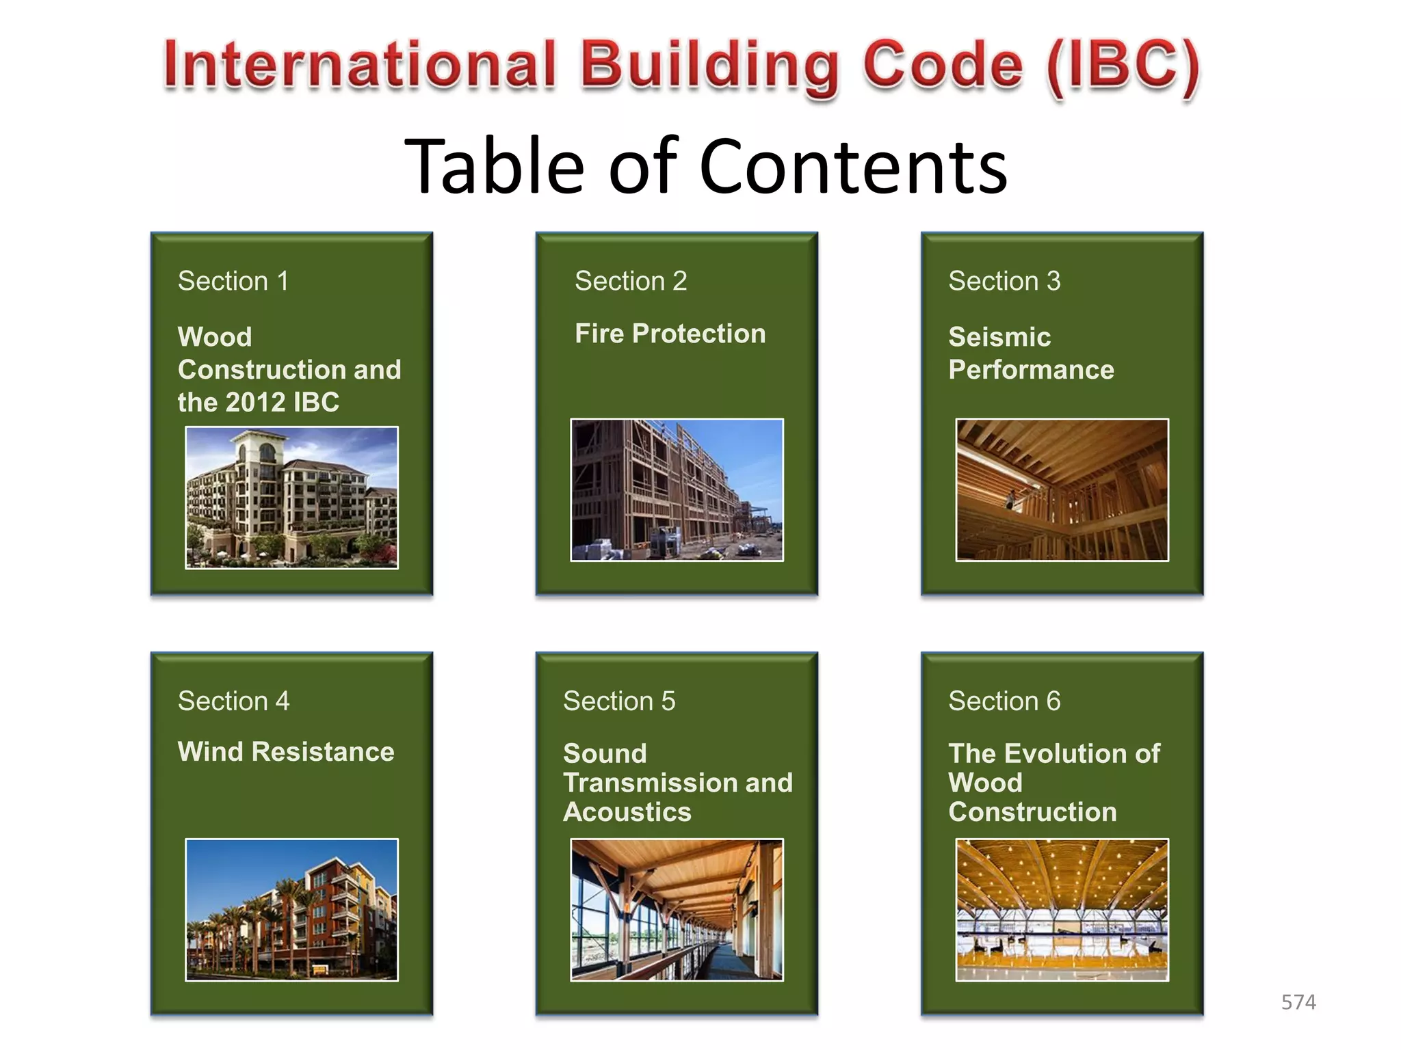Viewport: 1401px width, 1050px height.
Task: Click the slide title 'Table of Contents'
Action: pos(705,166)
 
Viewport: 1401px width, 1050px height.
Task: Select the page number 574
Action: pos(1298,1002)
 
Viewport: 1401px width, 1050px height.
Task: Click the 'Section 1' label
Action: pos(233,281)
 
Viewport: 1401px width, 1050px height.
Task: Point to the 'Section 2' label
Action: pos(630,281)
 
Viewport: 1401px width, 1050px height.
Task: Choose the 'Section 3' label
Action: pos(1004,281)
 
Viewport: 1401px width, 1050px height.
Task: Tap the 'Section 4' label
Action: pos(233,701)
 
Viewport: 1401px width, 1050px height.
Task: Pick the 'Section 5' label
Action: pos(618,701)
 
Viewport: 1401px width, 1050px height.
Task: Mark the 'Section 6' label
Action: pos(1004,701)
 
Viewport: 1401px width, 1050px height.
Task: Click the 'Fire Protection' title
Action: pos(670,334)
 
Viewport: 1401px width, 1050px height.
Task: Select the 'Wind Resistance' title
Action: pos(286,752)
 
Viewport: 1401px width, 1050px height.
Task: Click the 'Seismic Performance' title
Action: pos(1031,353)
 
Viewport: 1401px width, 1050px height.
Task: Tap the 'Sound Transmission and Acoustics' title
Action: pos(677,783)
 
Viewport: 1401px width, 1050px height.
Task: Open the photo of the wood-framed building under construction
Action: pos(677,489)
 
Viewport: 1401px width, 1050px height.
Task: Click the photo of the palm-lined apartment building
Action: pos(291,909)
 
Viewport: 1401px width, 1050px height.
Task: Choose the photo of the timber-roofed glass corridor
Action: pos(677,909)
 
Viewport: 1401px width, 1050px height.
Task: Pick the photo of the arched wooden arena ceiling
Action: pos(1062,909)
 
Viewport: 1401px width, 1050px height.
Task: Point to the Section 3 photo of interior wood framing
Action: pos(1062,489)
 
